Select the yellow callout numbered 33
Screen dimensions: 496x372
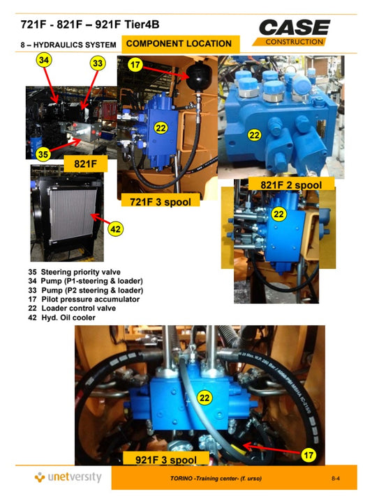point(98,63)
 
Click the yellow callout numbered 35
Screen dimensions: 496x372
point(43,153)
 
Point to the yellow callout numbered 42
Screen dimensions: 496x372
point(116,228)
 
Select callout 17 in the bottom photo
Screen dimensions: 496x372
point(310,455)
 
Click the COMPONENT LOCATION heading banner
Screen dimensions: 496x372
point(179,43)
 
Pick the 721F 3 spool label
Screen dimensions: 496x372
point(161,202)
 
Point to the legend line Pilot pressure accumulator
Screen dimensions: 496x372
point(84,299)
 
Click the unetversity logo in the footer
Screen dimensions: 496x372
point(68,477)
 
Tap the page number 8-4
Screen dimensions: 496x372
point(336,479)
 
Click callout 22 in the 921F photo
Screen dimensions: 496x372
point(204,398)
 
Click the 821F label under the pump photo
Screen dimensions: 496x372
point(78,164)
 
